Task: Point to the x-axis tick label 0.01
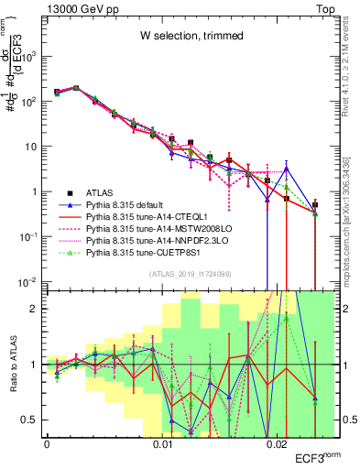pos(163,444)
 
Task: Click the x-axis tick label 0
pos(47,444)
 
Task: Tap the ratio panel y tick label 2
pos(36,308)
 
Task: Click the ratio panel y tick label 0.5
pos(32,420)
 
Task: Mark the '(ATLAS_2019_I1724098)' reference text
pos(190,274)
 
